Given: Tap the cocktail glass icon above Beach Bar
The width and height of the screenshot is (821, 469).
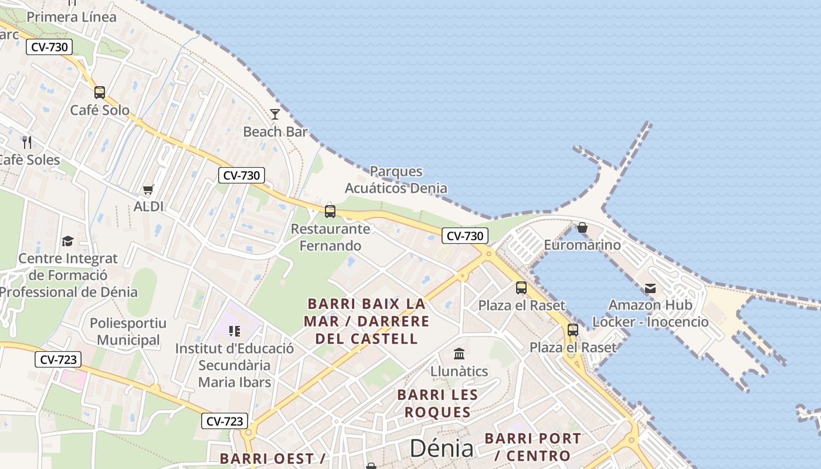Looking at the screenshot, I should pos(275,114).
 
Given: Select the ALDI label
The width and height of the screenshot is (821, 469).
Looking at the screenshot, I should pos(148,206).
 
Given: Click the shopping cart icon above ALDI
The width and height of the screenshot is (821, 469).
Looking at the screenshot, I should pos(148,189).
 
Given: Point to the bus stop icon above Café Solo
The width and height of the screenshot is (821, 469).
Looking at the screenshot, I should pos(100,92).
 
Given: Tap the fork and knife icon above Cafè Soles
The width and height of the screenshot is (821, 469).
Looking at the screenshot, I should pos(26,142).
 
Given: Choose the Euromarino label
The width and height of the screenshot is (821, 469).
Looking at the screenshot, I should pos(582,244).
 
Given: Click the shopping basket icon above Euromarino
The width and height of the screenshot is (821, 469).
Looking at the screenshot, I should pos(582,227).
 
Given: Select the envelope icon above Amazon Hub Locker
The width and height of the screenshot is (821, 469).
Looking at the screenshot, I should pos(650,288).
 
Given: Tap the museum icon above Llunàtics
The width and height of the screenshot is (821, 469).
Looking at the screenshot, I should pos(459,354).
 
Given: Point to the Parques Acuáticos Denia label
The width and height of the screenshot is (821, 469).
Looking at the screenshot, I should pos(396,180).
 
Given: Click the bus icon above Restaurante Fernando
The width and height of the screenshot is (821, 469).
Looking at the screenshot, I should pos(330,212).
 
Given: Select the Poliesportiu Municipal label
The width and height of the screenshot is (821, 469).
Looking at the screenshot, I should pos(128,331).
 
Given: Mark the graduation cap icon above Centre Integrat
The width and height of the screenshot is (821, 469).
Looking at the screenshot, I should pos(68,242).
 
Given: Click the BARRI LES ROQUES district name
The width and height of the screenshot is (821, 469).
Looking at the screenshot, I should pos(437,403).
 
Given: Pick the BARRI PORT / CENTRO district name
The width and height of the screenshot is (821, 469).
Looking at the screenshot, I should pos(532,447).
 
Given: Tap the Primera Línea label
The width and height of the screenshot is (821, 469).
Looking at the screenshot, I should pos(72,17).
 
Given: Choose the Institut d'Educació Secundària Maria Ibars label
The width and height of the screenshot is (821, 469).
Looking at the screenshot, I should pos(235,365).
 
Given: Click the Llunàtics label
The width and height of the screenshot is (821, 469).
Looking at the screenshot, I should pos(459,371).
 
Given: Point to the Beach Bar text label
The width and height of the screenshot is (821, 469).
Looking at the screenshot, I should pos(275,132).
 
